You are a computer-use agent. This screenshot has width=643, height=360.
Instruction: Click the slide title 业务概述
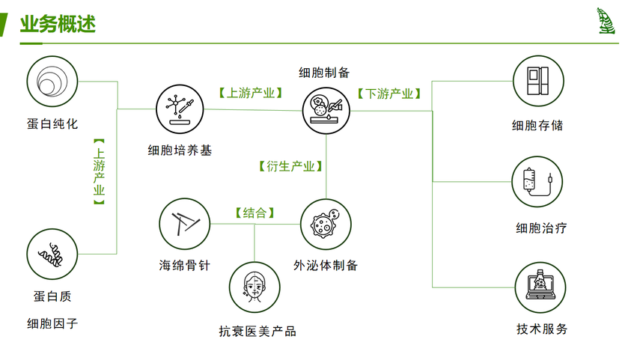[58, 25]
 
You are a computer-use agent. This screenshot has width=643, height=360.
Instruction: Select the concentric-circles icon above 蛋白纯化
[52, 80]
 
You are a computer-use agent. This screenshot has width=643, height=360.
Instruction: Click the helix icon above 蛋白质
[52, 254]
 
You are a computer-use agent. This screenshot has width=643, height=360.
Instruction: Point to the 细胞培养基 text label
[180, 150]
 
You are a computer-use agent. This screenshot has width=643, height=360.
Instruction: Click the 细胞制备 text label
[324, 73]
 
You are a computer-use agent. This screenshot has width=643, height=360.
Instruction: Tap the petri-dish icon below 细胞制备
[327, 109]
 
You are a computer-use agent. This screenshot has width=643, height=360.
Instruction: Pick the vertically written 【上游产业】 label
[99, 171]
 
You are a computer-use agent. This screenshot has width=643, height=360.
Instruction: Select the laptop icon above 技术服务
[540, 287]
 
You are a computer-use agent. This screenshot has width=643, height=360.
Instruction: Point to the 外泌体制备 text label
[326, 265]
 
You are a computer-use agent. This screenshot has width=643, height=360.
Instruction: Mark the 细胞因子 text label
[52, 323]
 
